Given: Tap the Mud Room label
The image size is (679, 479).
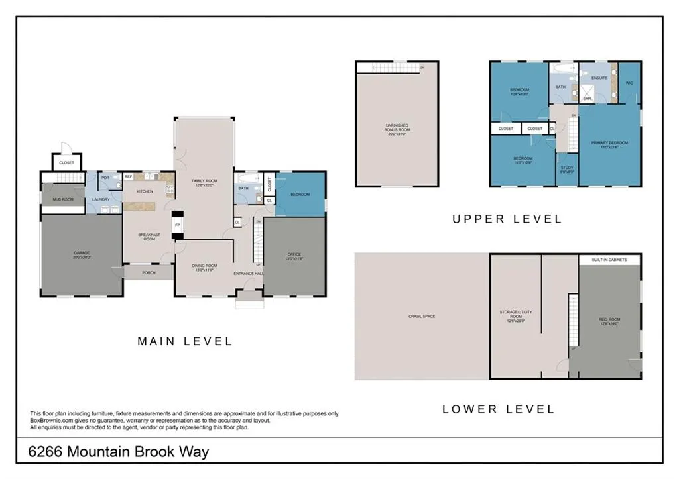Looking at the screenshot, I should (63, 199).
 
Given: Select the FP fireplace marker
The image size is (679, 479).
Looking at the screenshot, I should (177, 225).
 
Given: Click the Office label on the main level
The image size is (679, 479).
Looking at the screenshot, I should (294, 256).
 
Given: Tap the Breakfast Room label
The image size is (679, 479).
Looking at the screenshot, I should (149, 237).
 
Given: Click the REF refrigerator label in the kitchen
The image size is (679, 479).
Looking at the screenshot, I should (129, 177).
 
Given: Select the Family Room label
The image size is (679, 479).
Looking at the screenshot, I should (204, 182).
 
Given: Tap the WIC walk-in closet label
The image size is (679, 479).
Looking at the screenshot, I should (629, 83).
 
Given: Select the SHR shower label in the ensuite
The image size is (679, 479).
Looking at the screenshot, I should (587, 99).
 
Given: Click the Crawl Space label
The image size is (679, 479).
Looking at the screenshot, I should (422, 317).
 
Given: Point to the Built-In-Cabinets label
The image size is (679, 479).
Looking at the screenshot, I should (609, 260).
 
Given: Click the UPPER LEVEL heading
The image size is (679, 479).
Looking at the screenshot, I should (507, 219).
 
